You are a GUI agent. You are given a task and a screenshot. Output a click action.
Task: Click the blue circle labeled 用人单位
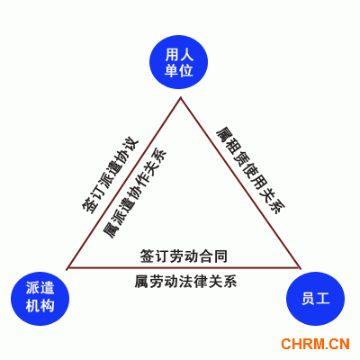[179, 60]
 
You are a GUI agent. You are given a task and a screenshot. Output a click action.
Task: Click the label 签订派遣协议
[111, 176]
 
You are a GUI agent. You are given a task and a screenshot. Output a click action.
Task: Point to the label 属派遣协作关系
[134, 193]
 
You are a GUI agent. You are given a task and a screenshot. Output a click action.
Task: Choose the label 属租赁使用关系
[251, 170]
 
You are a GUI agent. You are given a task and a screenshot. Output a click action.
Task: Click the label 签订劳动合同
[184, 256]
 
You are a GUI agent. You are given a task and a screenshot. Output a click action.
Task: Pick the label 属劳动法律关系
[185, 282]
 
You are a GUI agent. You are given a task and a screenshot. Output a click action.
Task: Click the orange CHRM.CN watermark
[315, 344]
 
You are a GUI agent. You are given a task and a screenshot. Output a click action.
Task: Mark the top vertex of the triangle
[181, 97]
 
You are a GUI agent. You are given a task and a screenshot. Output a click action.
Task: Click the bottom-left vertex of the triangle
[67, 267]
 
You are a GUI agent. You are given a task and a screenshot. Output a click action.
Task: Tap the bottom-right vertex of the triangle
[300, 267]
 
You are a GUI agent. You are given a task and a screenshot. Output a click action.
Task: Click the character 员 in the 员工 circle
[308, 299]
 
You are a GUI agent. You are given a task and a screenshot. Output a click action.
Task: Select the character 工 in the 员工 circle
[323, 299]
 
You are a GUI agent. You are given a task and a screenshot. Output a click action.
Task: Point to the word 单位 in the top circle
[179, 70]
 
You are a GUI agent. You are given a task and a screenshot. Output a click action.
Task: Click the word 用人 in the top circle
[179, 54]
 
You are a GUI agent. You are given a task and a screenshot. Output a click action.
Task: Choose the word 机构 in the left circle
[40, 306]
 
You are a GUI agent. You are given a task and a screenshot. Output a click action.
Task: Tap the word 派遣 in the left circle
[40, 288]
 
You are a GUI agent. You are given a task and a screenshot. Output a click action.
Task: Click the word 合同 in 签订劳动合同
[213, 256]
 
